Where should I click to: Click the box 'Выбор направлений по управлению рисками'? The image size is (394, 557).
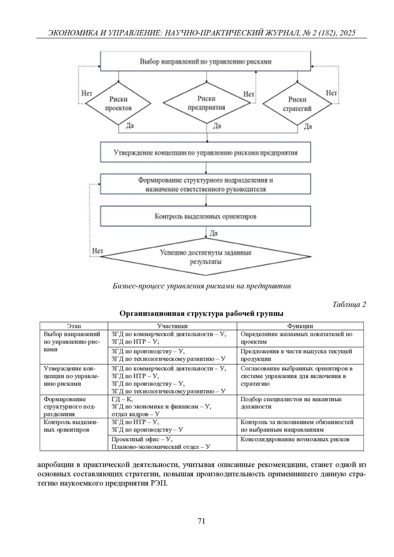tap(205, 61)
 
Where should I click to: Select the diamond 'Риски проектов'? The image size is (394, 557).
tap(118, 104)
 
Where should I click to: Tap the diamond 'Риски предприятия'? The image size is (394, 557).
tap(207, 103)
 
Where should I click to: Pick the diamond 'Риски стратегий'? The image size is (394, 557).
tap(297, 104)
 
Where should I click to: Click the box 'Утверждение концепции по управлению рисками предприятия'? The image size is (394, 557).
tap(205, 153)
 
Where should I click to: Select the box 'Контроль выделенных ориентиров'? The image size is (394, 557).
tap(205, 217)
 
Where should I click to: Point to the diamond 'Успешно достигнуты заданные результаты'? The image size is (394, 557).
tap(206, 257)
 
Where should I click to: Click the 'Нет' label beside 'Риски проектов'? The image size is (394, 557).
tap(87, 93)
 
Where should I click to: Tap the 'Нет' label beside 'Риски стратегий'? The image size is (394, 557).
tap(331, 93)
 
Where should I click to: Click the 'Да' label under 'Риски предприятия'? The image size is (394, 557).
tap(217, 126)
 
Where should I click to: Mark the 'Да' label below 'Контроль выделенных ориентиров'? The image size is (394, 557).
tap(213, 234)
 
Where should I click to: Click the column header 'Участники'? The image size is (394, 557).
tap(172, 326)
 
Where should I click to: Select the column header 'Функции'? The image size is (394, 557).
tap(300, 326)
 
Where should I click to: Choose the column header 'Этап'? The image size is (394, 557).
tap(74, 326)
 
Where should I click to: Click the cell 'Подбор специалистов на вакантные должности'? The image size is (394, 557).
tap(291, 403)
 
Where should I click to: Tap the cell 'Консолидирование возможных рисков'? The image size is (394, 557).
tap(295, 439)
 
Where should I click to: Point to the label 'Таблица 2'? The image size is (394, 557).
tap(349, 304)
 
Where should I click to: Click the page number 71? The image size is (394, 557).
tap(202, 521)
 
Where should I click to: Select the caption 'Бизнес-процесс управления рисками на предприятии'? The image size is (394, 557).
tap(202, 286)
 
